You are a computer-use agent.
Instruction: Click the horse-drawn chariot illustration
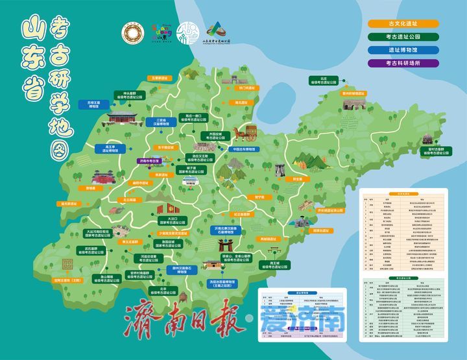[x=246, y=133]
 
